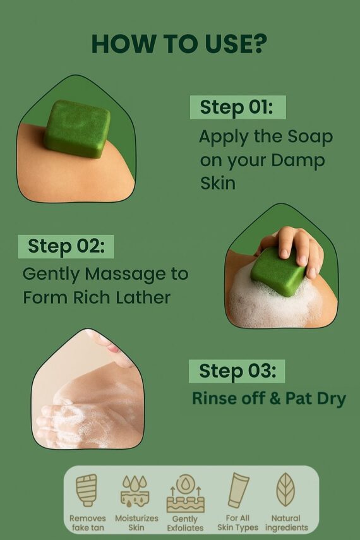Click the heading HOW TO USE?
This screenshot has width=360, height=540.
[179, 44]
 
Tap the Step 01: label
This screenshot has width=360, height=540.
[236, 107]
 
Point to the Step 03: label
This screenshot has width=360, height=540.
[237, 371]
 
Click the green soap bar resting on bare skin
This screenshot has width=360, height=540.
[76, 128]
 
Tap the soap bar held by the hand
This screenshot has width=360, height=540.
[278, 271]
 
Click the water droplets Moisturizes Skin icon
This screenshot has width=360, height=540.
[136, 492]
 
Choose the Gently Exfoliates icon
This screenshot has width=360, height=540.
[185, 493]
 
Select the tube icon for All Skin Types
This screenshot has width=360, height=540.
[238, 490]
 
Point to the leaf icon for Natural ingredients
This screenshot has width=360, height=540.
[286, 489]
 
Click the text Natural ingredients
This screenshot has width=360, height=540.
[286, 523]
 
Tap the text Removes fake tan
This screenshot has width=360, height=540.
[88, 523]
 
